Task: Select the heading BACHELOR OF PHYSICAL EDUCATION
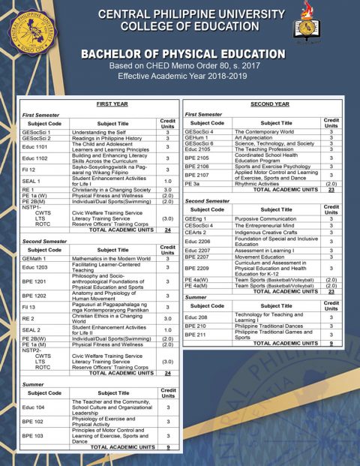[182, 55]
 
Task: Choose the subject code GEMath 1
[35, 258]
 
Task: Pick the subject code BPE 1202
[34, 296]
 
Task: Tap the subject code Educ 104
[34, 407]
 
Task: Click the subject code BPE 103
[33, 435]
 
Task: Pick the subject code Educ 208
[196, 317]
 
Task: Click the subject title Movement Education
[259, 257]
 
